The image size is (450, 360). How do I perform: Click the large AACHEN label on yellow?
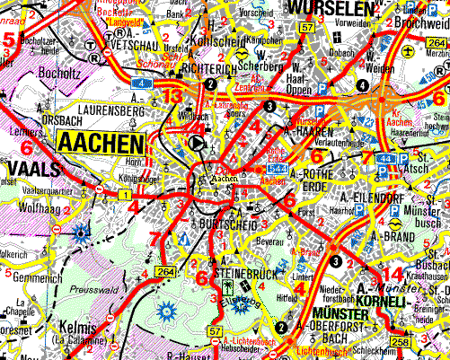click(100, 144)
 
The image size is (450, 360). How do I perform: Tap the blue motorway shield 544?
click(278, 167)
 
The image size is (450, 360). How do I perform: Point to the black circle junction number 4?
click(361, 85)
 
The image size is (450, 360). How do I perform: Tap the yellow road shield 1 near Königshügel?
click(124, 195)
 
